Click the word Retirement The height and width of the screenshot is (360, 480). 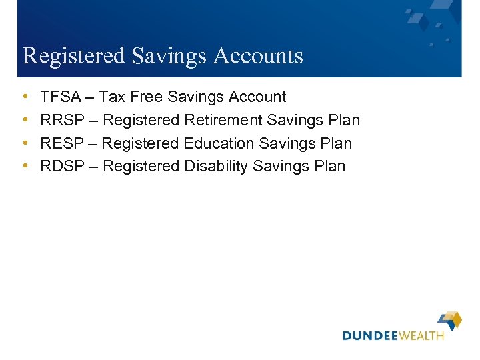pos(223,121)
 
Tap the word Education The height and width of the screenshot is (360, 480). pos(219,143)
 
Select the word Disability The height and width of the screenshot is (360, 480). pos(217,166)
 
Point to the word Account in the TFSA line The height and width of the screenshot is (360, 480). pos(257,97)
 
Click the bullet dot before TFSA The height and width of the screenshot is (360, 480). pos(25,97)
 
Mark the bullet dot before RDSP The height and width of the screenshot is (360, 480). pos(25,166)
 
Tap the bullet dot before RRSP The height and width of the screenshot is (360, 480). pos(25,121)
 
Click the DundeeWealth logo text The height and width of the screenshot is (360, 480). pos(393,335)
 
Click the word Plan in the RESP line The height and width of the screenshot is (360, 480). pos(335,143)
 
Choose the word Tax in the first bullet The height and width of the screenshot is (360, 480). pos(112,97)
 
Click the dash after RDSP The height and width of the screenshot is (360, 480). pos(93,166)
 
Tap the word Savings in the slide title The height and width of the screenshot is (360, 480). pos(169,56)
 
